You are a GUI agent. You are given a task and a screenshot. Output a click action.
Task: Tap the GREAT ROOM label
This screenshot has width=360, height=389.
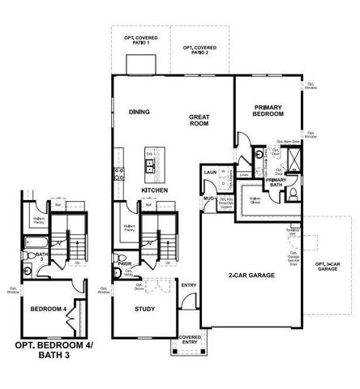[199, 121]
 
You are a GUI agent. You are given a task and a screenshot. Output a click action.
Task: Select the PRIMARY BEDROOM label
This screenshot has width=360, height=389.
[268, 111]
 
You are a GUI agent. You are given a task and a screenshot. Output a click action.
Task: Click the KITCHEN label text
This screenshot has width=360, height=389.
[154, 190]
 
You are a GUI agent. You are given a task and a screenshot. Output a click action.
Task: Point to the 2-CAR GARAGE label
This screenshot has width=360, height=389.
[251, 276]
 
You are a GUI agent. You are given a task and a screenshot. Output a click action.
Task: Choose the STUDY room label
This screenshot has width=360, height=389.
[144, 309]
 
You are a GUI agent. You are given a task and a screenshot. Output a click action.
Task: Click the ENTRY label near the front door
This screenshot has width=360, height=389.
[189, 285]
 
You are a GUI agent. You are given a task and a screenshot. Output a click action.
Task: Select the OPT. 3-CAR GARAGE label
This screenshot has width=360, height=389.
[329, 267]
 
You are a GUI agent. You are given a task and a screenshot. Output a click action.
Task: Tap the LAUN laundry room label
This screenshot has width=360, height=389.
[209, 173]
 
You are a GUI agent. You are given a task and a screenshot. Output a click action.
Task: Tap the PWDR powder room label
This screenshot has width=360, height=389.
[124, 263]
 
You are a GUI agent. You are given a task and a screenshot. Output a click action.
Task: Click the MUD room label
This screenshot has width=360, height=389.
[208, 198]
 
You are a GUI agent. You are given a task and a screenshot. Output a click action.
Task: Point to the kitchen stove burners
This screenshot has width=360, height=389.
[118, 171]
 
